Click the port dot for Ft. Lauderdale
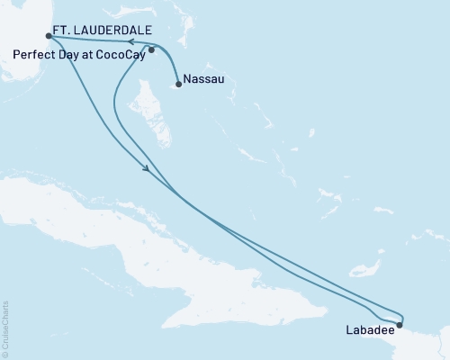coord(48,37)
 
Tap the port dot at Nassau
coord(178,85)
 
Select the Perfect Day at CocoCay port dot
coord(151,50)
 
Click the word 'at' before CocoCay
coord(87,54)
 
